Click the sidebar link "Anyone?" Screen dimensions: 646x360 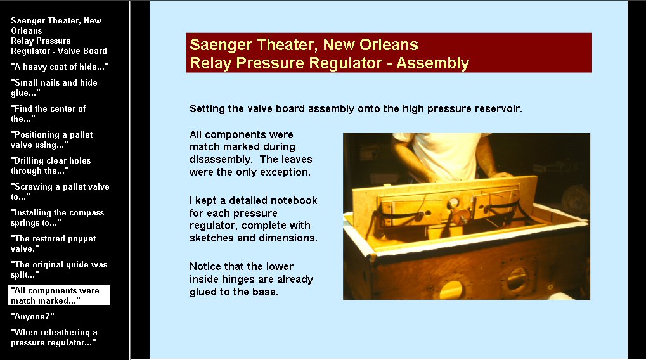point(32,316)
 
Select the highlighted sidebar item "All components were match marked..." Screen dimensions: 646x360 point(59,295)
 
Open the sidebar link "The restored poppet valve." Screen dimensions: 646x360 point(53,243)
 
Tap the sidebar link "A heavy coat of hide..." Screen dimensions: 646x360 point(60,67)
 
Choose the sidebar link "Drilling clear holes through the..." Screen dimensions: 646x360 point(51,165)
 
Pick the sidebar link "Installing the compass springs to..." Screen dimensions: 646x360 point(57,217)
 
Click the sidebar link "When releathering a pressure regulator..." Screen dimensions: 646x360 point(54,337)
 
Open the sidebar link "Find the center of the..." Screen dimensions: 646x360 point(48,113)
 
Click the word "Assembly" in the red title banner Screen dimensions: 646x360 point(432,63)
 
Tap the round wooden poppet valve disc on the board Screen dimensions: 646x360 point(461,215)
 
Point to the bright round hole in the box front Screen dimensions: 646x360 point(451,290)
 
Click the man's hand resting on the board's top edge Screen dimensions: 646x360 point(502,175)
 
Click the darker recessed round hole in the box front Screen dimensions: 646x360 point(517,280)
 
